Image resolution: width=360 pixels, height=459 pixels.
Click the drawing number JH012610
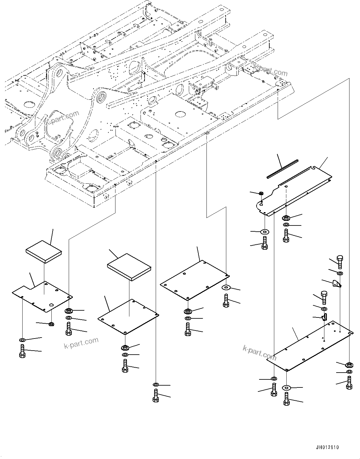click(x=327, y=448)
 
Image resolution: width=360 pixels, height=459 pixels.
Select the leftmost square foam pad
click(x=44, y=251)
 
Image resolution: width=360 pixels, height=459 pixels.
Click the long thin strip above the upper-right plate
click(x=282, y=169)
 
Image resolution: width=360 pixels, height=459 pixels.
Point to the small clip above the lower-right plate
click(x=324, y=317)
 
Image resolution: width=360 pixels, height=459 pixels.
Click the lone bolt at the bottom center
click(x=156, y=396)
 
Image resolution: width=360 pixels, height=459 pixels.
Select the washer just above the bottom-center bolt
click(x=156, y=385)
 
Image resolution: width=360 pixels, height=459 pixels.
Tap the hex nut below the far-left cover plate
click(x=51, y=324)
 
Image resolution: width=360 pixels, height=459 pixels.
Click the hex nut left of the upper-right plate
click(x=261, y=194)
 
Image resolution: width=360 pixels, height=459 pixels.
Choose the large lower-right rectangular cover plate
click(x=310, y=346)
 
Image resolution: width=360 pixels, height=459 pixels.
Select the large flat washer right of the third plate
click(x=226, y=287)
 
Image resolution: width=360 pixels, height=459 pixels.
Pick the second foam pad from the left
click(x=129, y=267)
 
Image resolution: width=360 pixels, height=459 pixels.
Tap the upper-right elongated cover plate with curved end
click(x=294, y=190)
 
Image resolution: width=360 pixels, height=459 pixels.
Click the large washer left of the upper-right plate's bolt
click(x=265, y=231)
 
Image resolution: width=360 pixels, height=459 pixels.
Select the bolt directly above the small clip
click(x=324, y=297)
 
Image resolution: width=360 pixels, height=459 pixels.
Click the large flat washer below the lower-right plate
click(x=286, y=387)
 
